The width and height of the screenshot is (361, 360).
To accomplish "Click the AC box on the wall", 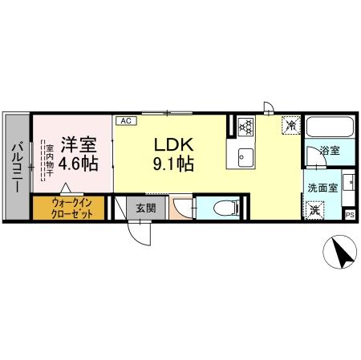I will point(125,120).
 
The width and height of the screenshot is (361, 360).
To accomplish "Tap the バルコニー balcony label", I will point(15,168).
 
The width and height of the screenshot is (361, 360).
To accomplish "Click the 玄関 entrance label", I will point(145,208).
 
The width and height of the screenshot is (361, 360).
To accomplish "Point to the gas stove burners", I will point(244,125).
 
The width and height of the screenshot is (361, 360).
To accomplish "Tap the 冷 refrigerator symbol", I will point(290,126).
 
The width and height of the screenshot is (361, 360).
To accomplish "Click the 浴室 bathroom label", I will point(330,150).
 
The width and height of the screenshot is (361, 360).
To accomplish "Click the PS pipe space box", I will point(350,214).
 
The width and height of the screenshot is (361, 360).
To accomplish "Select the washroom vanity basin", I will point(348,184).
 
